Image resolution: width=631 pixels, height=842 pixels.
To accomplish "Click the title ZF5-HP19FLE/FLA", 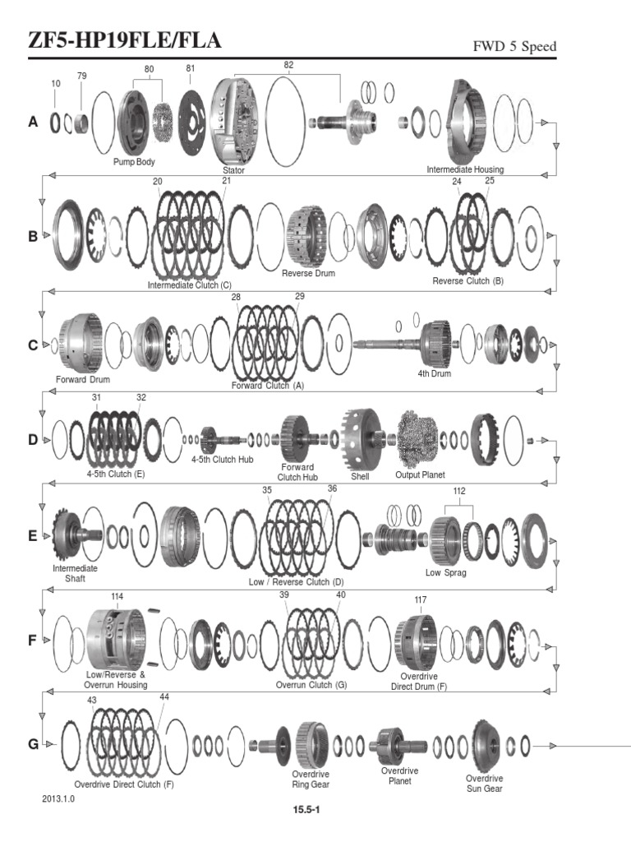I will click(113, 41).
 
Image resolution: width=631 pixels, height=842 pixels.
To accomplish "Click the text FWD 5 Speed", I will click(514, 46).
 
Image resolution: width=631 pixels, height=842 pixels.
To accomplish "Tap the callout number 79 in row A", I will click(81, 76).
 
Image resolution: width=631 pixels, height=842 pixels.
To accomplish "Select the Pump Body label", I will click(134, 162).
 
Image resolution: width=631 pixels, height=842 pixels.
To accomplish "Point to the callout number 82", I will click(288, 64).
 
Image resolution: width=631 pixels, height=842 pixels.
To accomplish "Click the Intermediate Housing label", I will click(465, 169).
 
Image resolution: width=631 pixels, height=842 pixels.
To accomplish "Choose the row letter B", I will click(33, 236).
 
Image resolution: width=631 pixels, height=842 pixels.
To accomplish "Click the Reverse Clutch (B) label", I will click(467, 281).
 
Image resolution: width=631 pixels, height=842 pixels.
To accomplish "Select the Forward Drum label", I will click(83, 380).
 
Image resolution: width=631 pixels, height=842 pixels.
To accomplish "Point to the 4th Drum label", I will click(434, 374).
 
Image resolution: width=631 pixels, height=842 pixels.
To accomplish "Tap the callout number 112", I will click(459, 492).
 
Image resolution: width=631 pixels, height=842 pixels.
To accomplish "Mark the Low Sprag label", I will click(445, 572).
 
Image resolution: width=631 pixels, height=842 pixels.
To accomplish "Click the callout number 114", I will click(117, 596).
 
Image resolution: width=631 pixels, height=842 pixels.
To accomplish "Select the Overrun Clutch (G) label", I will click(311, 684).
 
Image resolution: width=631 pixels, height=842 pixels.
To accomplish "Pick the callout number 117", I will click(421, 599).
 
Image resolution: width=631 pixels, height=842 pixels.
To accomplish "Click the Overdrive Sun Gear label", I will click(484, 783).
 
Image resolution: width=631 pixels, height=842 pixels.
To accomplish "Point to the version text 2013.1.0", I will click(58, 798).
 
